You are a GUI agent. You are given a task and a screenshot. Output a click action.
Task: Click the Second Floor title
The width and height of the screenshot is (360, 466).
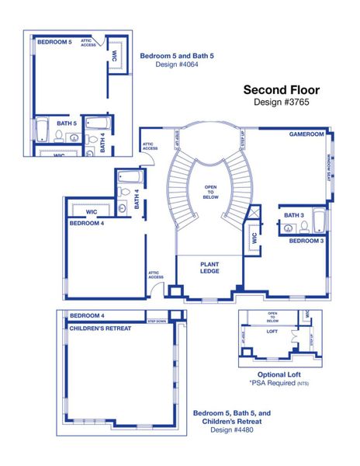[281, 90]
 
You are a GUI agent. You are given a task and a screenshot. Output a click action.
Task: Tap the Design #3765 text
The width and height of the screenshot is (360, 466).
[281, 103]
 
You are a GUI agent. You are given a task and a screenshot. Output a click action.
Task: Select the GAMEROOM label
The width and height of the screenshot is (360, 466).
[306, 134]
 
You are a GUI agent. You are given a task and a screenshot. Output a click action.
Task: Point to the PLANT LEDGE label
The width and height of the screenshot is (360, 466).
[209, 268]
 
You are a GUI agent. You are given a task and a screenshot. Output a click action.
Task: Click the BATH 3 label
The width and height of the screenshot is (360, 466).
[293, 215]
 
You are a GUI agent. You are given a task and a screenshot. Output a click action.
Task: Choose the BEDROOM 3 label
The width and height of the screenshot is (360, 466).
[306, 242]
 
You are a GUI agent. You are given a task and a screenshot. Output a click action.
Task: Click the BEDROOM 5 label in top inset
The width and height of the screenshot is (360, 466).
[54, 42]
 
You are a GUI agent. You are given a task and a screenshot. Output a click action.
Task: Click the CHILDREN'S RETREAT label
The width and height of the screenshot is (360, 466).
[100, 329]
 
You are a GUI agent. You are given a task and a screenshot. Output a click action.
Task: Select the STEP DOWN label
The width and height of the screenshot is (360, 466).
[157, 319]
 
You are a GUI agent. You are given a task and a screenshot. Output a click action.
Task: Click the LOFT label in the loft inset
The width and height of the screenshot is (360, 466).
[272, 332]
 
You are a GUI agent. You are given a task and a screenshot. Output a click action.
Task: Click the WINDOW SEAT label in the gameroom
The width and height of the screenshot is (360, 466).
[328, 170]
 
